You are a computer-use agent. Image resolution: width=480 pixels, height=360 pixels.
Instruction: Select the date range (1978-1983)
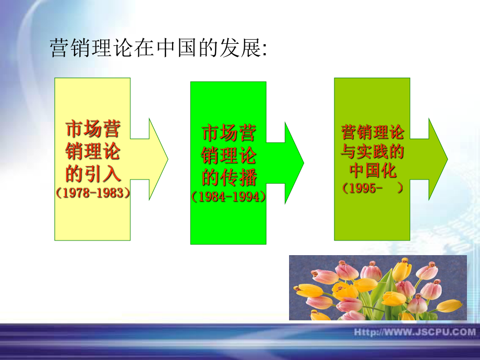(x=92, y=193)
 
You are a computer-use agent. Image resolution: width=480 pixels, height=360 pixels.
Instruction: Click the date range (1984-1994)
(x=229, y=197)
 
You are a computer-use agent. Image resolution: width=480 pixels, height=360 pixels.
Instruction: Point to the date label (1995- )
(x=373, y=189)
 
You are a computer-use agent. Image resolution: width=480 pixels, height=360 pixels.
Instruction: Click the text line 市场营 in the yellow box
(x=93, y=129)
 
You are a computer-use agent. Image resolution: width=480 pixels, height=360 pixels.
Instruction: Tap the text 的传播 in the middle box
(x=229, y=177)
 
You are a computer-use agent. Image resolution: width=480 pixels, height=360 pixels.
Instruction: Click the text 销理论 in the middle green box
(x=229, y=155)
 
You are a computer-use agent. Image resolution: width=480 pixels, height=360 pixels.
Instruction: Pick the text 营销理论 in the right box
(x=373, y=132)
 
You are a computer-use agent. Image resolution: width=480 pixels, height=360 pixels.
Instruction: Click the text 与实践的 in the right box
(x=373, y=152)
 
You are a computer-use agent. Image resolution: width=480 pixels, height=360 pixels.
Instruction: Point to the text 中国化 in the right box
(x=373, y=171)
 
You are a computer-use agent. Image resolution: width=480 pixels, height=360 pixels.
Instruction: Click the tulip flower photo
(x=378, y=287)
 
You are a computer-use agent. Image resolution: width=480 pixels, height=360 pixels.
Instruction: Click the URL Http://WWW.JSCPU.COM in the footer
(x=415, y=332)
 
